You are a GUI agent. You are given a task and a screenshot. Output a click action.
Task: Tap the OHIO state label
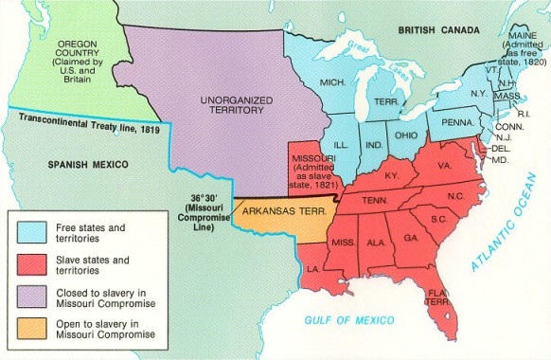click(405, 135)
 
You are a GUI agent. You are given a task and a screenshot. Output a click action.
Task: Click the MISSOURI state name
click(310, 152)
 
